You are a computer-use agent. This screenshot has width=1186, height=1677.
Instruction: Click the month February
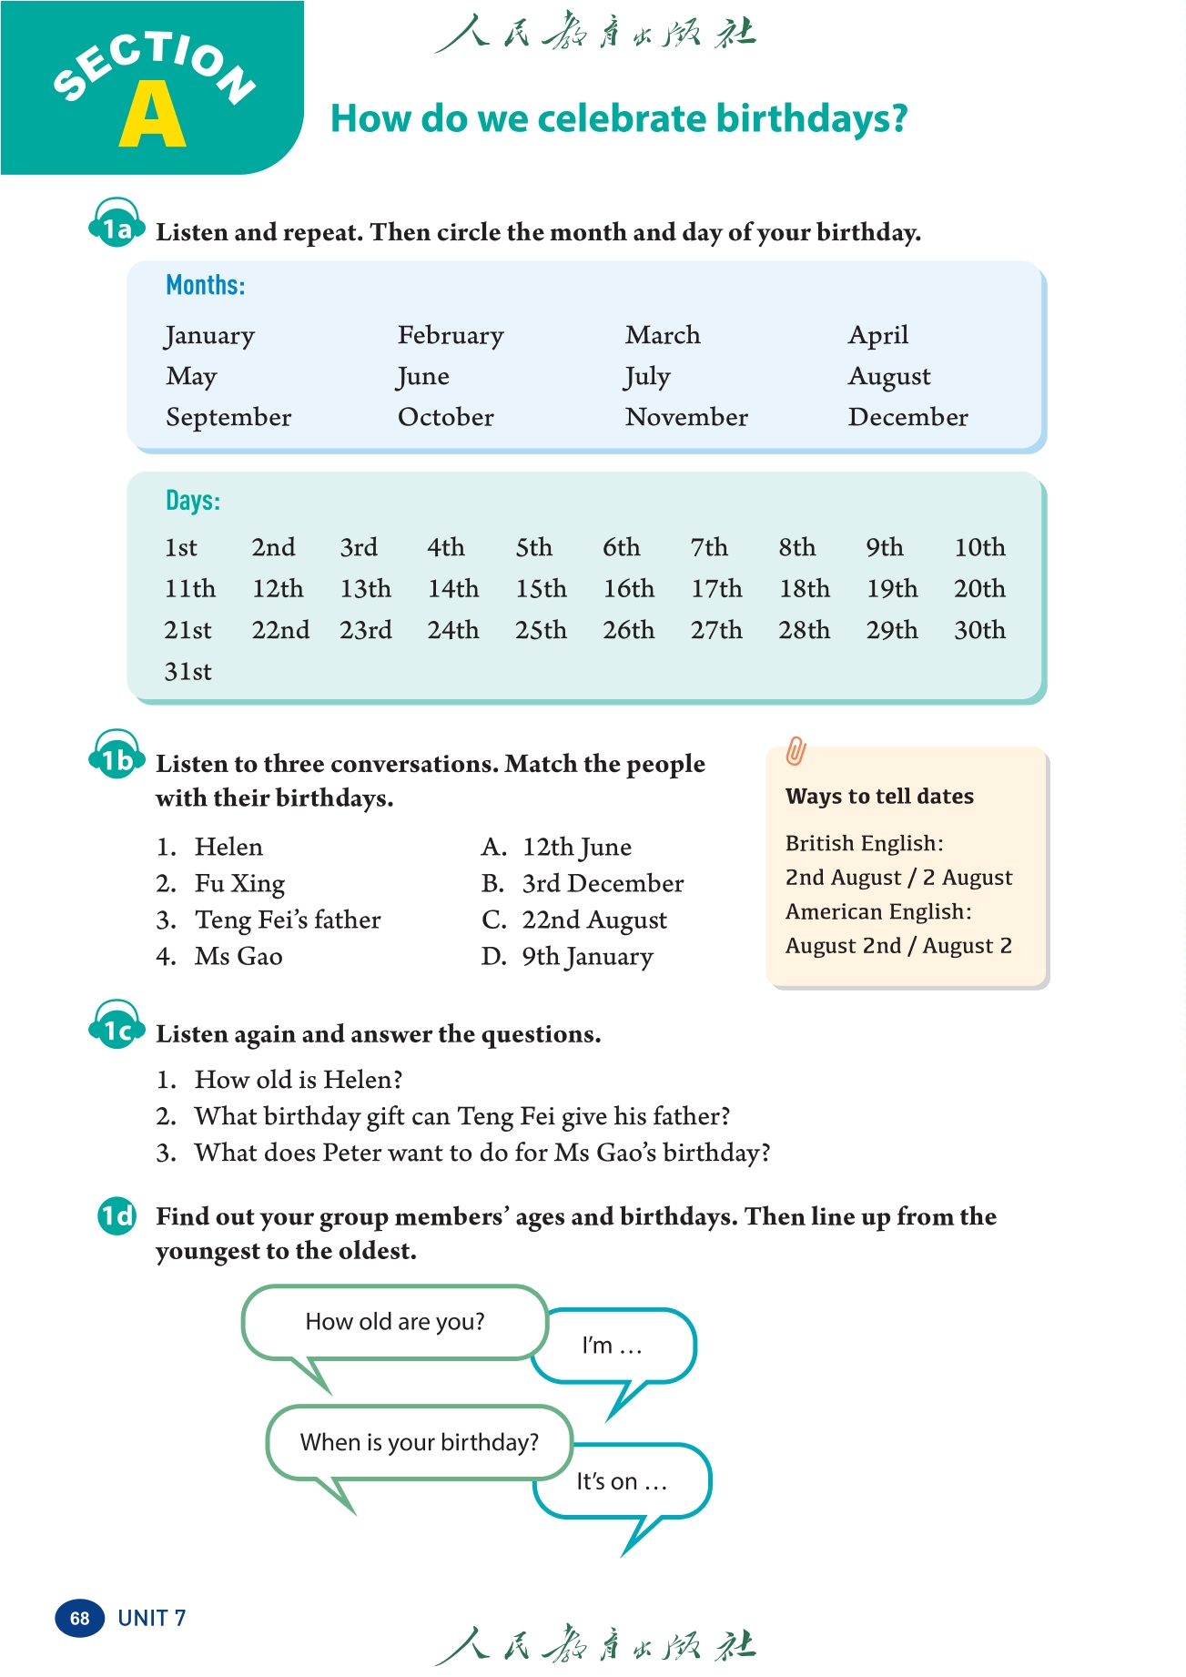pos(451,336)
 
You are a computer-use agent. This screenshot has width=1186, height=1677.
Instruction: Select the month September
pos(228,418)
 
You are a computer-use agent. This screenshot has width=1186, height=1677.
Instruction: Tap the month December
pos(907,418)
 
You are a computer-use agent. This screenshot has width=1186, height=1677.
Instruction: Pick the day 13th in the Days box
pos(366,589)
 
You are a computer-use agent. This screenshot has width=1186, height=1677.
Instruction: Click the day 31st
pos(188,672)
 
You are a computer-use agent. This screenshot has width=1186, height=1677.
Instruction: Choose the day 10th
pos(979,548)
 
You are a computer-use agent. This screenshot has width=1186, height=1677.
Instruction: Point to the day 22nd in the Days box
pos(280,630)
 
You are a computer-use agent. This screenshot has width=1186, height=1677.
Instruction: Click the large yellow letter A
pos(152,116)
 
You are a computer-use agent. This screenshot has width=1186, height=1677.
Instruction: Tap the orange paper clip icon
pos(796,751)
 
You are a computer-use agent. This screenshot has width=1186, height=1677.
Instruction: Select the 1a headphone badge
pos(117,225)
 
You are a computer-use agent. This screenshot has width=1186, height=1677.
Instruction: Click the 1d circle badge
pos(117,1216)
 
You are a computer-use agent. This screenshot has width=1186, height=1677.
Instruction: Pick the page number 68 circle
pos(80,1618)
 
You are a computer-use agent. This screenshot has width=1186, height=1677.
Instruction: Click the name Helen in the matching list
pos(228,848)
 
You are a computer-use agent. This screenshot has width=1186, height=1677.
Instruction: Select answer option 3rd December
pos(602,884)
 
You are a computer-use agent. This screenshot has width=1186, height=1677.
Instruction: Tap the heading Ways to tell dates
pos(879,797)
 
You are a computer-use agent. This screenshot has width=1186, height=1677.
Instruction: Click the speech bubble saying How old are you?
pos(394,1322)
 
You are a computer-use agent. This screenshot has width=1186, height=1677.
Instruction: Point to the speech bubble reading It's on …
pos(622,1482)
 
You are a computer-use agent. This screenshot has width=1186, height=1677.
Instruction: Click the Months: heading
pos(206,286)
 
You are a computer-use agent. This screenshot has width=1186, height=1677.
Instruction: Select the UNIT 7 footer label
pos(152,1618)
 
